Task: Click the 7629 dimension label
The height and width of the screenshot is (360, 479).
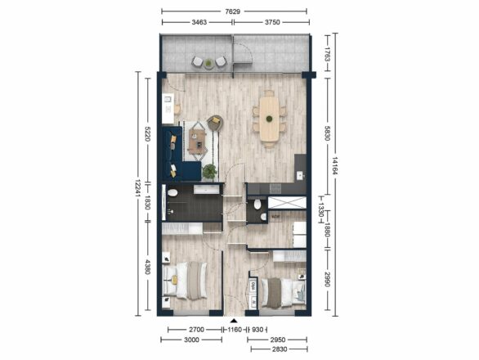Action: tap(233, 11)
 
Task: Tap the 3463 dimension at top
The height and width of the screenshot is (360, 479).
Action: tap(199, 22)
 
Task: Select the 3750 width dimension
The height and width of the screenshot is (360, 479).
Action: tap(272, 22)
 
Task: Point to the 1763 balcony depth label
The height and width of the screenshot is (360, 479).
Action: tap(328, 53)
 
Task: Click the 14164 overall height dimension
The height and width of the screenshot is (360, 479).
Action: tap(335, 166)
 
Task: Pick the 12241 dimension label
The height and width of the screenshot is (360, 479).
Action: tap(138, 188)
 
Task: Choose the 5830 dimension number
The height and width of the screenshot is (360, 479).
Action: tap(328, 133)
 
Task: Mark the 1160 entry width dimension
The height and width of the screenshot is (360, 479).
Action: tap(235, 330)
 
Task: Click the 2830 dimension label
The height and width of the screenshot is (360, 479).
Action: tap(280, 349)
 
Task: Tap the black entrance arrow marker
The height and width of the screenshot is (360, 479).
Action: tap(234, 321)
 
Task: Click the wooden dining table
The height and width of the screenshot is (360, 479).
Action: tap(269, 119)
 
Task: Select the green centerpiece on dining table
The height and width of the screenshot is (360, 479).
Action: tap(269, 119)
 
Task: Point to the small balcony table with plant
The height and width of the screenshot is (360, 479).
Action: tap(208, 63)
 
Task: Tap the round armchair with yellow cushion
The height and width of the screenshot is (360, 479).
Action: tap(215, 123)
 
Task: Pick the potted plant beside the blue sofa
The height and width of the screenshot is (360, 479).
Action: tap(209, 171)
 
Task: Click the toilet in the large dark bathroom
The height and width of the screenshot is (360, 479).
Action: tap(172, 193)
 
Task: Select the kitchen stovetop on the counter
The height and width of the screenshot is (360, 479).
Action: tap(275, 188)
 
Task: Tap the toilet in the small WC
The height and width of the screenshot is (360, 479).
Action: tap(257, 205)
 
